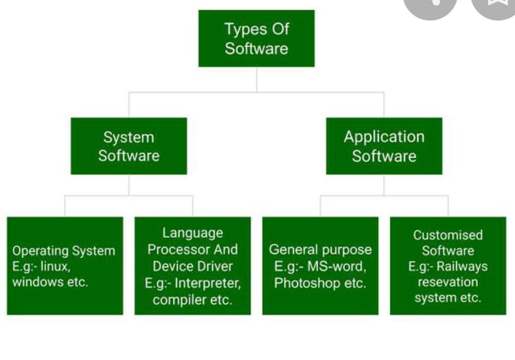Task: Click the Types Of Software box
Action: [x=256, y=39]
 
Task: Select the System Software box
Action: [x=128, y=146]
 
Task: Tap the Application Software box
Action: [x=384, y=146]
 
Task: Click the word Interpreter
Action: [x=208, y=283]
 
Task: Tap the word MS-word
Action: [x=337, y=266]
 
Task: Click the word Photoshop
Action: [x=307, y=283]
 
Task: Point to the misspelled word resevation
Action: [x=448, y=282]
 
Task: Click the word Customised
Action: [x=448, y=235]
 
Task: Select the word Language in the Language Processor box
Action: [x=193, y=233]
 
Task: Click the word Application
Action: [x=384, y=137]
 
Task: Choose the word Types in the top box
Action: [x=242, y=30]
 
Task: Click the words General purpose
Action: [x=320, y=250]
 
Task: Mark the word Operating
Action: [x=41, y=251]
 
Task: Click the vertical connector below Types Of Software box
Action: [x=256, y=80]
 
